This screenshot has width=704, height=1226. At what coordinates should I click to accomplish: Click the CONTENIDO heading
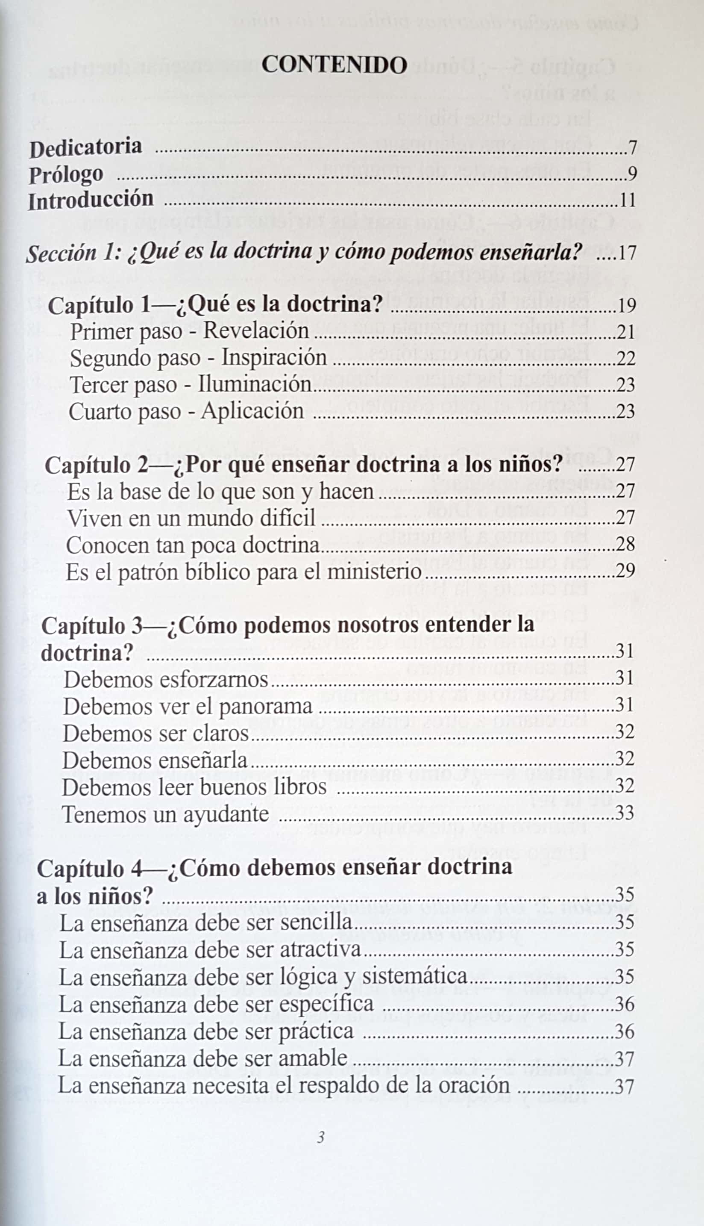334,65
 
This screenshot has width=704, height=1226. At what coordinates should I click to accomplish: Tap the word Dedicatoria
85,147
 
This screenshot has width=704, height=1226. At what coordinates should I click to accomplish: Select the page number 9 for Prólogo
632,173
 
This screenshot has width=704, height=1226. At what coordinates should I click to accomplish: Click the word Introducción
91,200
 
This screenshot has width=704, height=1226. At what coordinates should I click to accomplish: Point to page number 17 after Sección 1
626,253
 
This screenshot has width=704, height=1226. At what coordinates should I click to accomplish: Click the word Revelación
256,331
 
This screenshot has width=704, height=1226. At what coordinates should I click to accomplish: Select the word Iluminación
254,384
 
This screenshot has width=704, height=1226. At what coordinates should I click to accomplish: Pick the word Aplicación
252,411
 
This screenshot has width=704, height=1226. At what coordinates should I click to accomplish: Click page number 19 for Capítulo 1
626,306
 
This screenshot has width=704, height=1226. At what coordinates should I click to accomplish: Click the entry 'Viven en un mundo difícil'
191,518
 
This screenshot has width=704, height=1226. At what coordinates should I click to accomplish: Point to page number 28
625,544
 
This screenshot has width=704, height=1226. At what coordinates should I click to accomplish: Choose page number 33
624,813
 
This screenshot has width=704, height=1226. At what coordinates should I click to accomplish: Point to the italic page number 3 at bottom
320,1137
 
